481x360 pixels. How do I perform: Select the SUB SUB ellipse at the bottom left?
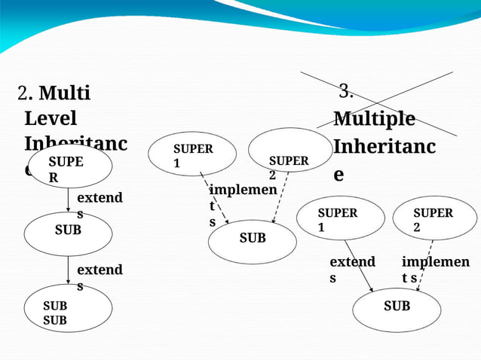(68, 310)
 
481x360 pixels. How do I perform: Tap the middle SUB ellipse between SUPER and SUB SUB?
(68, 234)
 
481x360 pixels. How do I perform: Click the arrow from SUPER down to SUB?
(68, 200)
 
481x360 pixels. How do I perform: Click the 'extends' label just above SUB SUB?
(100, 277)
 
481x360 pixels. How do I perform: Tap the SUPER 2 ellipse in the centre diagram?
(290, 150)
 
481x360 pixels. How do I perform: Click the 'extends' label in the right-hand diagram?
(352, 269)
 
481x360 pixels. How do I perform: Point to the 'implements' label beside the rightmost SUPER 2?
(435, 269)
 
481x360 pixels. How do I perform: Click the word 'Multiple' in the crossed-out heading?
(374, 119)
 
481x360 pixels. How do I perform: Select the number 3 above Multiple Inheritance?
(346, 93)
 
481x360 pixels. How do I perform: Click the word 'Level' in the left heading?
(51, 119)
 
